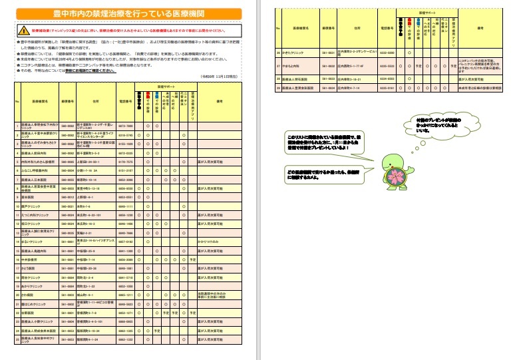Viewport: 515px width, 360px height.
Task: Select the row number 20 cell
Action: click(17, 293)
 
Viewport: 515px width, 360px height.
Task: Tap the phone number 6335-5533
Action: click(387, 67)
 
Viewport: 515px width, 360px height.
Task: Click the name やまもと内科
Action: click(293, 67)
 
